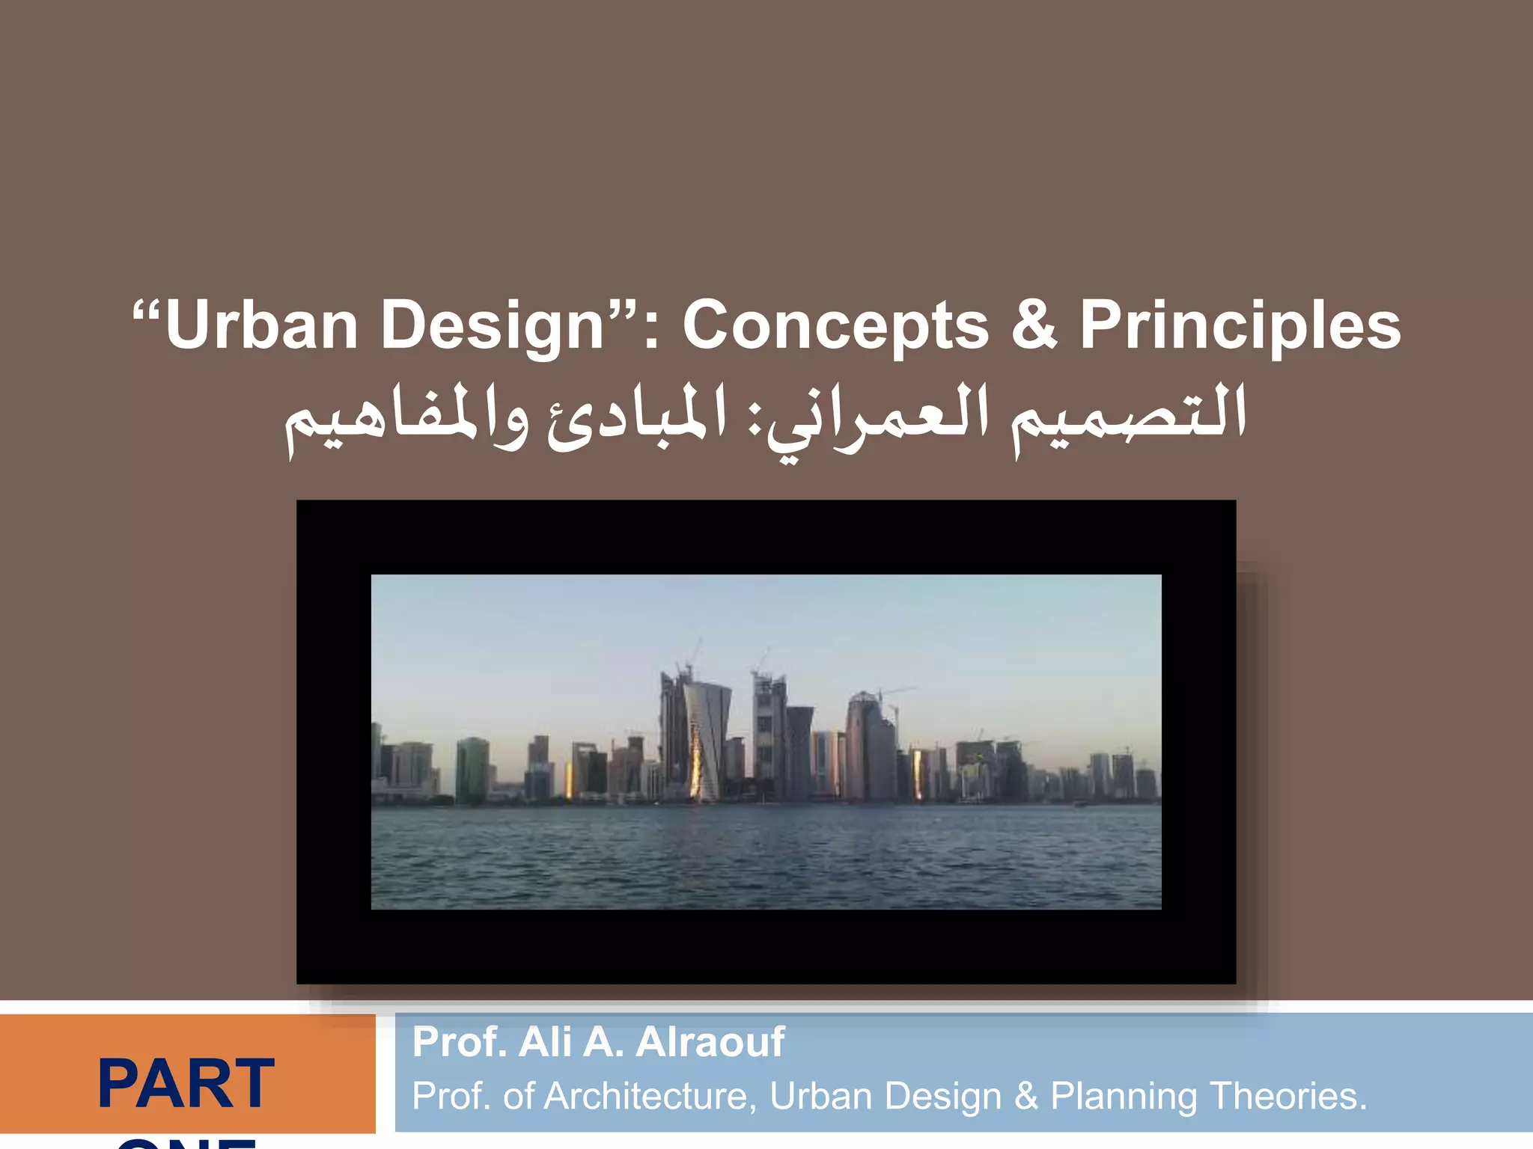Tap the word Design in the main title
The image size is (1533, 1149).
point(492,325)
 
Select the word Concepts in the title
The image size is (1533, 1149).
point(835,325)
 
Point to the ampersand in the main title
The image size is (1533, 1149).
point(1034,325)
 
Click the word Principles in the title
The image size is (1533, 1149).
point(1240,325)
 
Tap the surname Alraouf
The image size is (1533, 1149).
point(710,1042)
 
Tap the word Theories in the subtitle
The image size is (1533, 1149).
point(1287,1097)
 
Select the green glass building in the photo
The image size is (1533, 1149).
point(472,770)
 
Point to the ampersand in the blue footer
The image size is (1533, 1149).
point(1025,1097)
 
